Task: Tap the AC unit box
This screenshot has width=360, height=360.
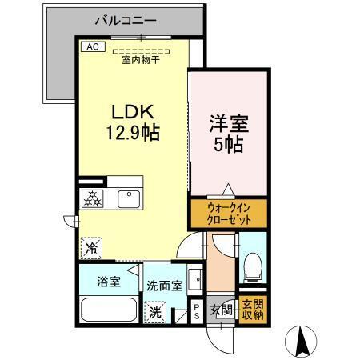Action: coord(91,46)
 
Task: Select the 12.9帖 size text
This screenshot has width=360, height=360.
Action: coord(126,134)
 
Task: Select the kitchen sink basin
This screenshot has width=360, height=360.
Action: coord(128,198)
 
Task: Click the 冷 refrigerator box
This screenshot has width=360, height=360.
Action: coord(90,249)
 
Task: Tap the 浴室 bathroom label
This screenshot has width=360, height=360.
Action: coord(109,281)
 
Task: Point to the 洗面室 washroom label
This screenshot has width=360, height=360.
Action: coord(164,285)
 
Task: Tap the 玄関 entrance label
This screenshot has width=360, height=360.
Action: coord(221,309)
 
